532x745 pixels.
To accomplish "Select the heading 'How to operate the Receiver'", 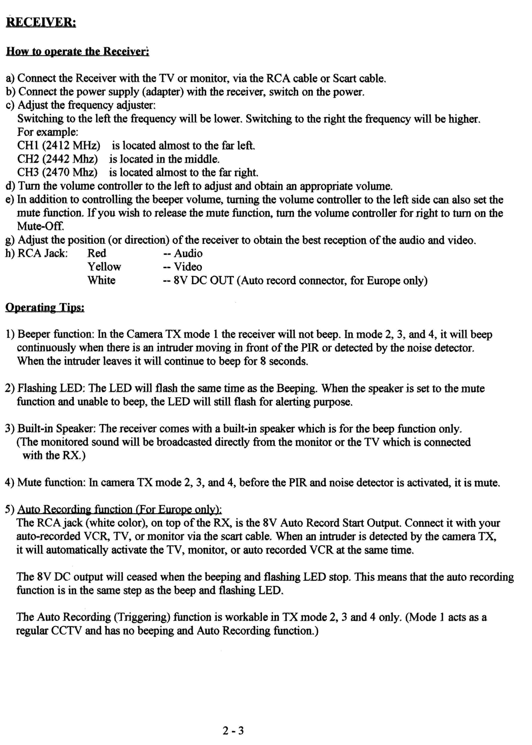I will pos(78,52).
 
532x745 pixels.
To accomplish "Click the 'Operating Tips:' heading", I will pos(45,307).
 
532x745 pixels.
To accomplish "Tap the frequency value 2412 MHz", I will pos(71,146).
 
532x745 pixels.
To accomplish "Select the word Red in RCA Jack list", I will pos(97,253).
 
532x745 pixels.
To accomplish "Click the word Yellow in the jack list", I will pos(104,267).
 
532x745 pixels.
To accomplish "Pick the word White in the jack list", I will pos(101,280).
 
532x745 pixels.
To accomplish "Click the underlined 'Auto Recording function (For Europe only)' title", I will pos(120,509).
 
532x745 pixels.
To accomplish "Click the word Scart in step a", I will pos(344,78).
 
